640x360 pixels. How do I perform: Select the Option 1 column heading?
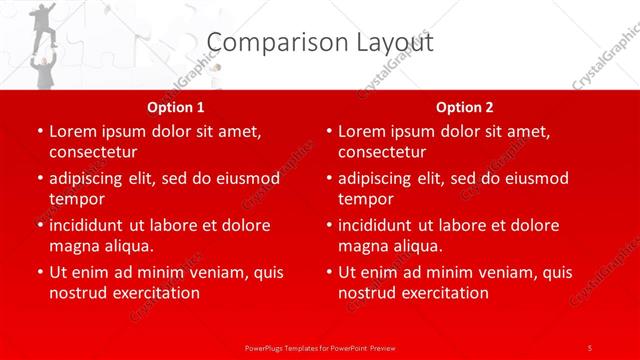coord(176,107)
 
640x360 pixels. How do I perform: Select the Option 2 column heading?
coord(465,107)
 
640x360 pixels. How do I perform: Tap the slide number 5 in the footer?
coord(590,347)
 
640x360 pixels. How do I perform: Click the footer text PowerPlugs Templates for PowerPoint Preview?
coord(320,347)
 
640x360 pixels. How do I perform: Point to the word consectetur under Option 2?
coord(382,152)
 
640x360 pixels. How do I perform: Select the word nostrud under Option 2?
coord(367,293)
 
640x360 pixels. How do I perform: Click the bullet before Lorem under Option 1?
coord(38,131)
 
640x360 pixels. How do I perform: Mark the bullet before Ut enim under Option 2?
coord(327,272)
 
